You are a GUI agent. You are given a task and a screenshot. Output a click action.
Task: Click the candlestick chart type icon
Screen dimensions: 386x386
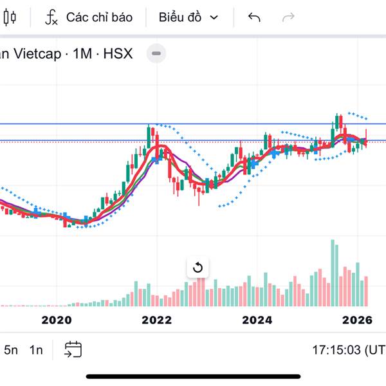[8, 17]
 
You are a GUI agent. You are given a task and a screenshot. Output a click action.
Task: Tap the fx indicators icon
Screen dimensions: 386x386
[51, 17]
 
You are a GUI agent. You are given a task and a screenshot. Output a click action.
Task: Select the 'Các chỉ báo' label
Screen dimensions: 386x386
[99, 17]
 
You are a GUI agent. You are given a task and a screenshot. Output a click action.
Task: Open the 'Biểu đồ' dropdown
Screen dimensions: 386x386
[188, 17]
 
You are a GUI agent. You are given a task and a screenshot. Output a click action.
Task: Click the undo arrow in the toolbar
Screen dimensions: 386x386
[254, 17]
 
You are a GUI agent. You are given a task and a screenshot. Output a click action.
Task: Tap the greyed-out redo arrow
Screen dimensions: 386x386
[289, 17]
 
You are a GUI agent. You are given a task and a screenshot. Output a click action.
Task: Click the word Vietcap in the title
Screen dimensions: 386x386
[38, 53]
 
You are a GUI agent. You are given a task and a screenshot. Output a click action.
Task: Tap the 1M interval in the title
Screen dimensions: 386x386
[82, 53]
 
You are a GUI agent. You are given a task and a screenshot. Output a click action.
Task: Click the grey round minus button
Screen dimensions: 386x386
[156, 53]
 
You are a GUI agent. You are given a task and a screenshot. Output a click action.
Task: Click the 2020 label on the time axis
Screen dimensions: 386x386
[56, 320]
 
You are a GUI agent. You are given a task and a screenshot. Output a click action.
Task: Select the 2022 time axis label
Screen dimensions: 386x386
[156, 320]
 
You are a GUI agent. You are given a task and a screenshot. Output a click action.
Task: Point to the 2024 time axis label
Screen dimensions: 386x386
[257, 320]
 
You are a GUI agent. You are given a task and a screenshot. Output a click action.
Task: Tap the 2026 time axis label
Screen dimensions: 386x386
[357, 320]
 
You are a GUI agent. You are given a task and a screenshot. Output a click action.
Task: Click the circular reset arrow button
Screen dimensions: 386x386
[198, 268]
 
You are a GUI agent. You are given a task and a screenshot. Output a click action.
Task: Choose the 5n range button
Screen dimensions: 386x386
[11, 350]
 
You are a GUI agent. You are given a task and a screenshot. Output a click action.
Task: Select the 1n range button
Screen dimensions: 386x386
[36, 350]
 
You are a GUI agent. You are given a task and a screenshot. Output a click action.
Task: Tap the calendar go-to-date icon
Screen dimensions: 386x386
[73, 349]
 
